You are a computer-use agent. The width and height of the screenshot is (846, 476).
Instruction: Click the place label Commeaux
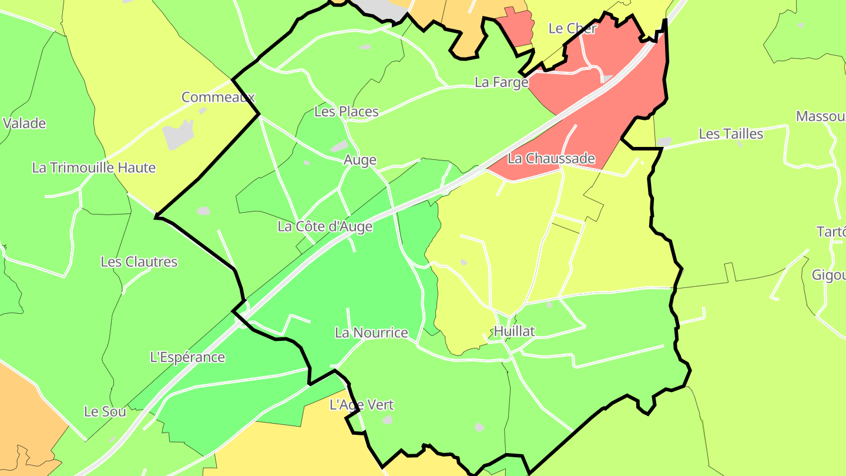[x=218, y=97]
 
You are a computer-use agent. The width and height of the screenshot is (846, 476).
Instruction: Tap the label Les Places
[x=347, y=111]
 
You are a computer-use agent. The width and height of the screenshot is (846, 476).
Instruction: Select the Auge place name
[x=360, y=160]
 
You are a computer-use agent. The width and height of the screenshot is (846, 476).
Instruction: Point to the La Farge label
[x=501, y=82]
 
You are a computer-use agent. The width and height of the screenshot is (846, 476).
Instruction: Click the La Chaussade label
[x=551, y=159]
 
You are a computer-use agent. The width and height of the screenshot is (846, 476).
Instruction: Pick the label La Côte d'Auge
[x=325, y=226]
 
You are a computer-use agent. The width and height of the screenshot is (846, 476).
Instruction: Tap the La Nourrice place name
[x=371, y=333]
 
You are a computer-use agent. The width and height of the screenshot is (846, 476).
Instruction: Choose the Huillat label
[x=514, y=331]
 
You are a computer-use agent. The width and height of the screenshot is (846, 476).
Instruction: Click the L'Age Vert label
[x=361, y=405]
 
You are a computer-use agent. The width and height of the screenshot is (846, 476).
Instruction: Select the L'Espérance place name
[x=187, y=357]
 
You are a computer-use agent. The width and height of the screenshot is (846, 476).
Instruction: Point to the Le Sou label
[x=105, y=411]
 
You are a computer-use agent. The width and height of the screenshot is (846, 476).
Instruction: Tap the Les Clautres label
[x=139, y=262]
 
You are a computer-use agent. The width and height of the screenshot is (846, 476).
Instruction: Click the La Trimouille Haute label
[x=94, y=167]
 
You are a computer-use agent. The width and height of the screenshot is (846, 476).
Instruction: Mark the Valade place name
[x=24, y=123]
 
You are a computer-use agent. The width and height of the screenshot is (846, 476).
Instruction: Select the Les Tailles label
[x=731, y=134]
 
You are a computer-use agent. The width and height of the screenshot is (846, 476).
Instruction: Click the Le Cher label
[x=572, y=28]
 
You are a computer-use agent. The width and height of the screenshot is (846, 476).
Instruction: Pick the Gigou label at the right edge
[x=829, y=275]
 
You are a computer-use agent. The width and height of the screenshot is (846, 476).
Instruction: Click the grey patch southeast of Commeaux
[x=178, y=135]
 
